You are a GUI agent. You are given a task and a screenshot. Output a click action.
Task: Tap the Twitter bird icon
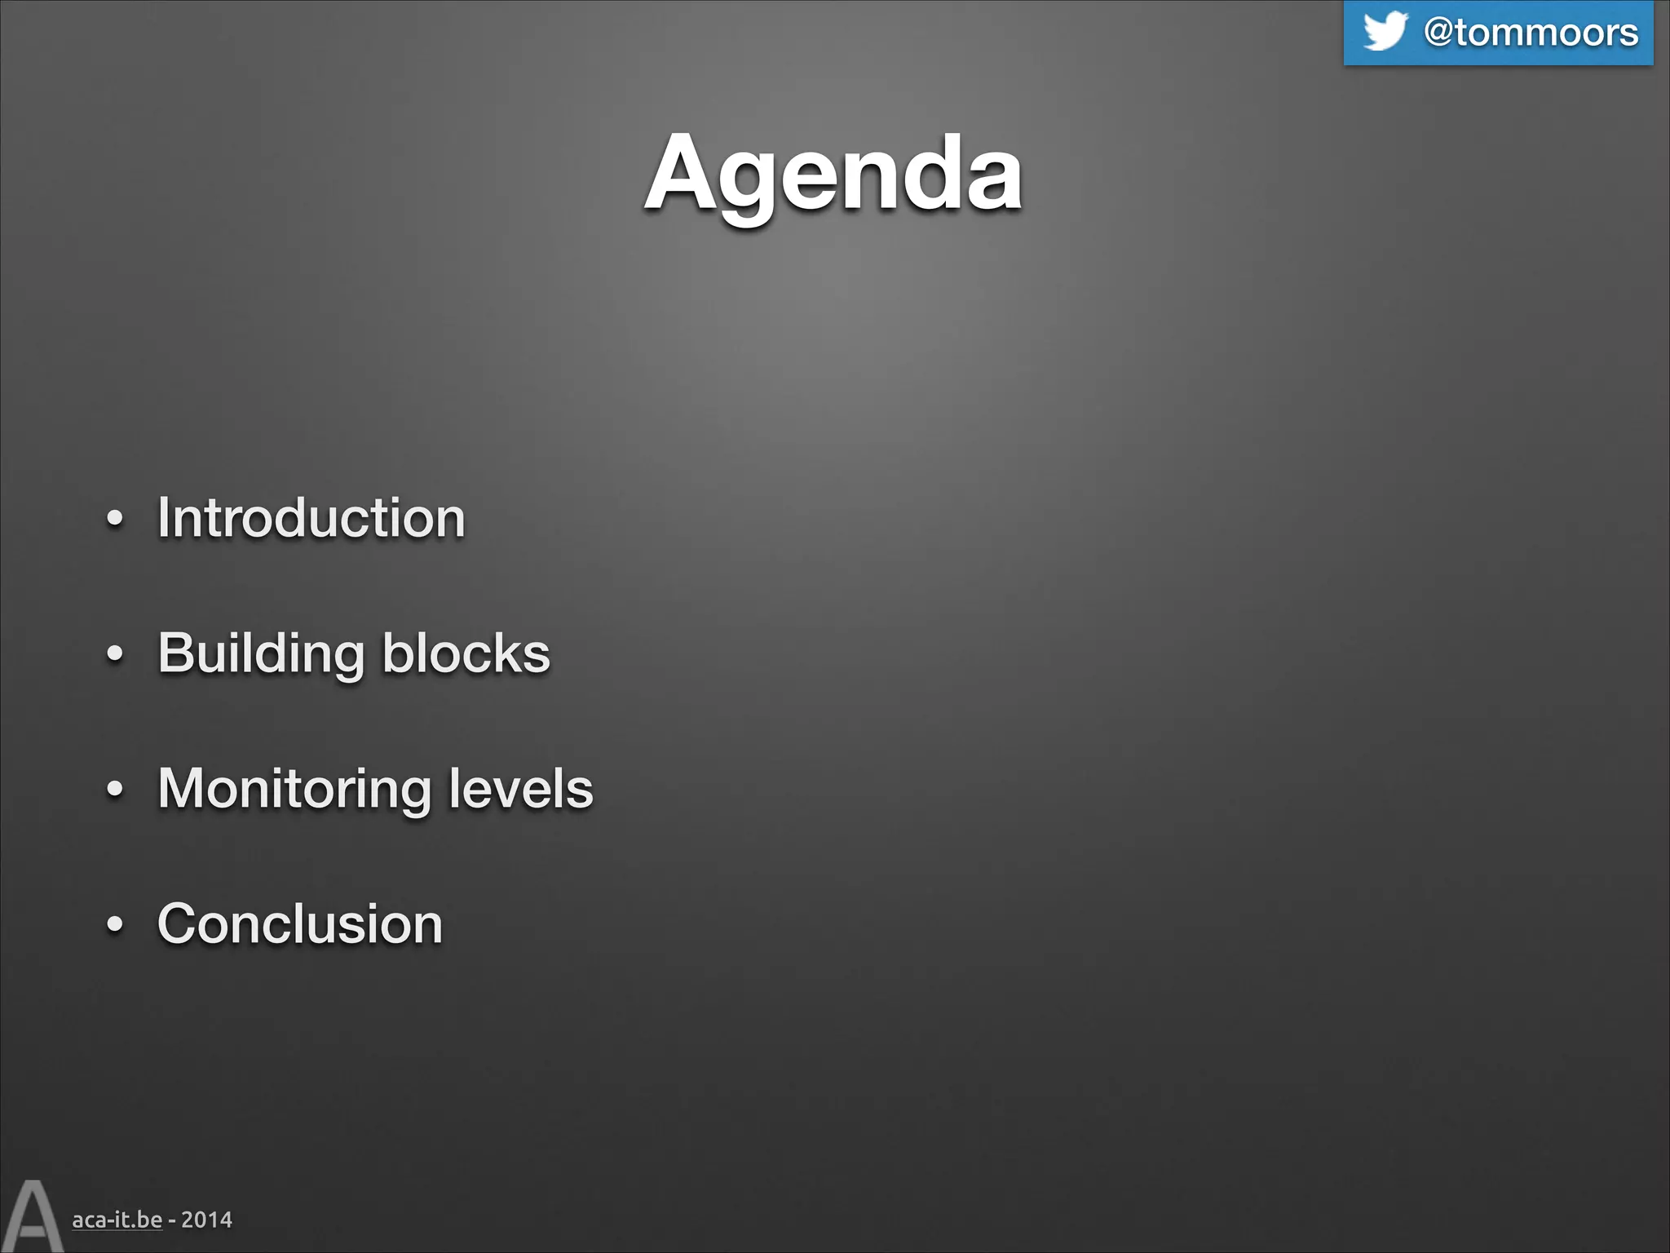pos(1385,31)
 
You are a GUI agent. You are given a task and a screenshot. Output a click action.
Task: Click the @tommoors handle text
pos(1531,33)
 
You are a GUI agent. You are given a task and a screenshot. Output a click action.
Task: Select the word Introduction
pos(311,518)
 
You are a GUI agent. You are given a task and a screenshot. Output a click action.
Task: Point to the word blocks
pos(466,653)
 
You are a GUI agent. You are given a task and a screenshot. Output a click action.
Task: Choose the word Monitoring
pos(294,790)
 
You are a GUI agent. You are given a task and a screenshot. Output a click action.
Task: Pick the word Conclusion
pos(300,924)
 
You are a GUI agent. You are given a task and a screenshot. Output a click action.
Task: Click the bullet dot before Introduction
pos(115,520)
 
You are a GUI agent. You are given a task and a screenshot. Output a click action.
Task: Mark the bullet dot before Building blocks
pos(115,654)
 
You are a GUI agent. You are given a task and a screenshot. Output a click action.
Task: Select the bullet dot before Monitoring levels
pos(115,790)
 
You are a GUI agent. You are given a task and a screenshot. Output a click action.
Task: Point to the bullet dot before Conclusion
pos(115,924)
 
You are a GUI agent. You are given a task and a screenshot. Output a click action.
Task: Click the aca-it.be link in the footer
pos(117,1220)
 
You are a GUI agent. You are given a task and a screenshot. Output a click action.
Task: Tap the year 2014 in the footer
pos(206,1220)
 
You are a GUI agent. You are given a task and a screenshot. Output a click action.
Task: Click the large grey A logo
pos(32,1216)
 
